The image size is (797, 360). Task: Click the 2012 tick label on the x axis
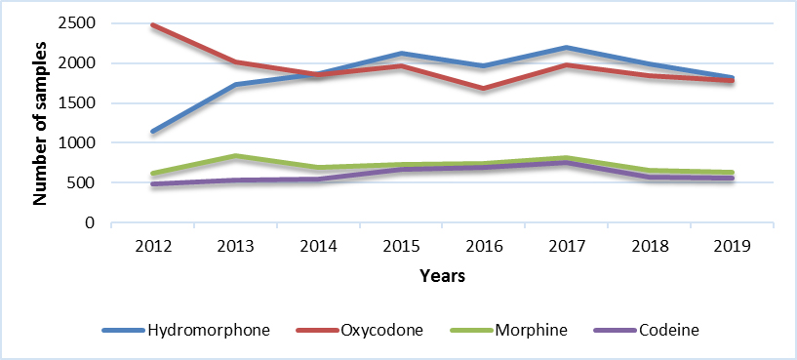click(x=154, y=245)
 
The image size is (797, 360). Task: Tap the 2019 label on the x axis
click(x=733, y=245)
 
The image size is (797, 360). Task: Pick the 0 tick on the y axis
click(x=90, y=222)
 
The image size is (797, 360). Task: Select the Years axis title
click(x=442, y=276)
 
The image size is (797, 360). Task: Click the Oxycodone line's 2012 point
click(x=154, y=25)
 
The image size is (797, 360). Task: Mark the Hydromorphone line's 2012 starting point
click(x=154, y=131)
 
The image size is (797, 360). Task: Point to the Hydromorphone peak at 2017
click(x=567, y=48)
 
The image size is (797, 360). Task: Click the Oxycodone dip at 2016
click(x=484, y=88)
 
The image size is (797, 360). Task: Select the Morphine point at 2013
click(x=236, y=156)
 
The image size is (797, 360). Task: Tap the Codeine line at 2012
click(x=154, y=183)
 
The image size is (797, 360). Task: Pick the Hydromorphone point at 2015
click(x=402, y=54)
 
